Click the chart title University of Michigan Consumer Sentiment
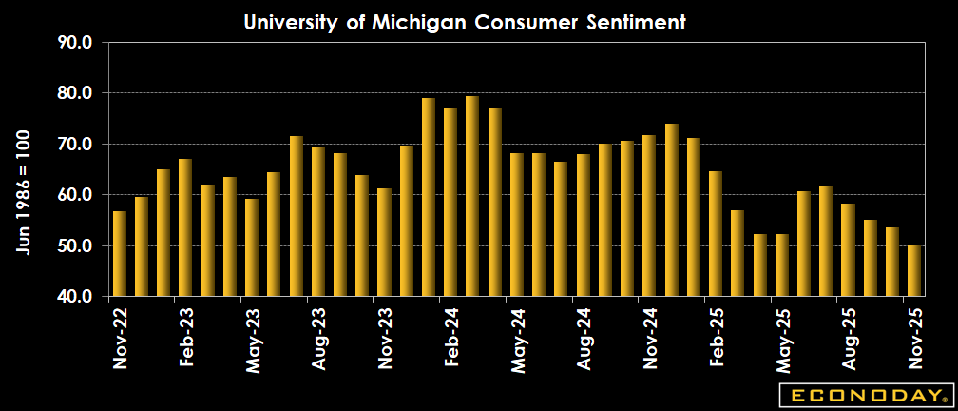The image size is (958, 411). tap(465, 22)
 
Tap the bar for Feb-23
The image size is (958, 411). tap(185, 228)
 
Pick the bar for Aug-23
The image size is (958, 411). tap(318, 222)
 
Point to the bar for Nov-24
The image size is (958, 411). tap(649, 216)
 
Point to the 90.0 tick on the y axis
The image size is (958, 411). tap(73, 43)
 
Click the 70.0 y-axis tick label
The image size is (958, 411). tap(73, 145)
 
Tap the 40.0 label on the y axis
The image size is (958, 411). tap(73, 297)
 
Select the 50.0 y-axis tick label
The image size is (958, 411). tap(73, 246)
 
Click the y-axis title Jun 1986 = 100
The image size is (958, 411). tap(23, 191)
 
